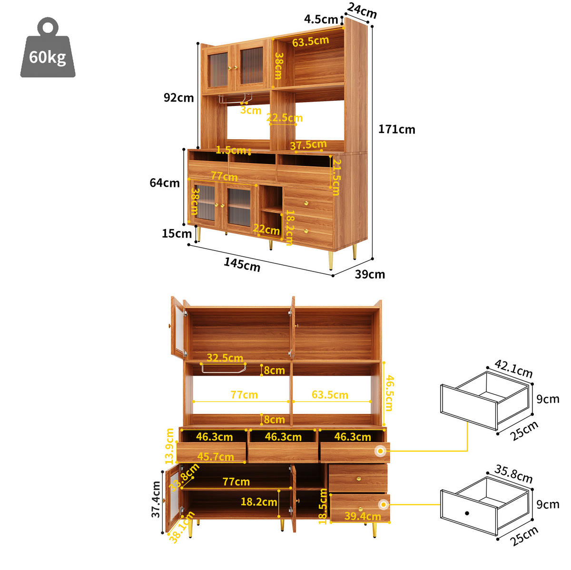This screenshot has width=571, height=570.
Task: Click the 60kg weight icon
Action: pos(48,48)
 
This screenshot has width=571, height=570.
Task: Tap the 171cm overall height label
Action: pos(396,129)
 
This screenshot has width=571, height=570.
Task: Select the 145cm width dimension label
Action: pos(242,264)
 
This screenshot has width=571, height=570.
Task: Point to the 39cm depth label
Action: pos(370,274)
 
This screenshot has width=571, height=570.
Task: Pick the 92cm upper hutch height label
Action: pos(179,97)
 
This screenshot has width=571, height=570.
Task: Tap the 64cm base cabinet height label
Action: pos(165,183)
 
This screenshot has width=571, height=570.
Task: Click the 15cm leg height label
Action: pos(177,233)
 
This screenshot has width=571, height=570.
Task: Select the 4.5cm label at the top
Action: pos(321,19)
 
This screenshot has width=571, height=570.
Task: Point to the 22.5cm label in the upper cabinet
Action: pos(285,117)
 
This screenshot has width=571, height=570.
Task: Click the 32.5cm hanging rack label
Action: pos(225,357)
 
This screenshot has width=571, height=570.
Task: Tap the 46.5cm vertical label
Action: pos(389,393)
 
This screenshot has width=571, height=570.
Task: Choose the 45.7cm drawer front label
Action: pos(216,456)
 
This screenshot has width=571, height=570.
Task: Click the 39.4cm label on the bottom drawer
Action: pos(363,516)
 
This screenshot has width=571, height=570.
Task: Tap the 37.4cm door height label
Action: pos(156,499)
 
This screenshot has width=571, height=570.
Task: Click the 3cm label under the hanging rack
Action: pos(251,110)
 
